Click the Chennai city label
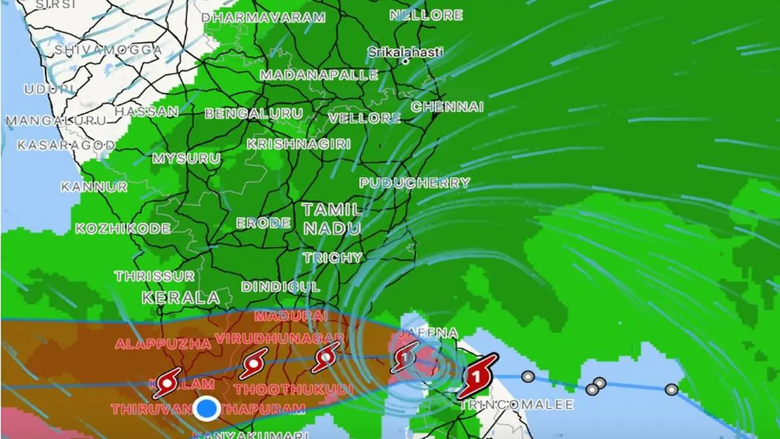447,107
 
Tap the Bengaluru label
253,114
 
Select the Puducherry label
414,183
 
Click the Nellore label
426,14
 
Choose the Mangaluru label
56,120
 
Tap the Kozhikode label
123,228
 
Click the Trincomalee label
517,405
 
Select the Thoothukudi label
293,390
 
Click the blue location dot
207,408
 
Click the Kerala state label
181,298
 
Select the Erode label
263,223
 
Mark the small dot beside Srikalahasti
405,62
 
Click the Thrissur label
154,276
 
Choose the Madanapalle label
318,75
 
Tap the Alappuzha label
162,343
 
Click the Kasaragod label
58,144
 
